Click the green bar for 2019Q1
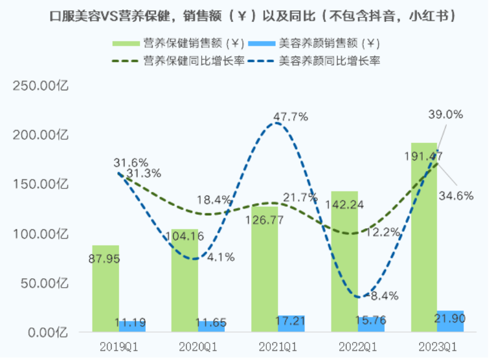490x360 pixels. click(x=105, y=288)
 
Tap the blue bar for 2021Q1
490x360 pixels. click(x=292, y=324)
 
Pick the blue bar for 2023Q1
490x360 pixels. click(x=450, y=321)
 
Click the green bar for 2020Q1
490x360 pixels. click(x=185, y=280)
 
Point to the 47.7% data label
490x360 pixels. click(x=290, y=117)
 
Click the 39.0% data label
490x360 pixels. click(x=446, y=114)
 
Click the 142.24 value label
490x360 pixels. click(x=344, y=205)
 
